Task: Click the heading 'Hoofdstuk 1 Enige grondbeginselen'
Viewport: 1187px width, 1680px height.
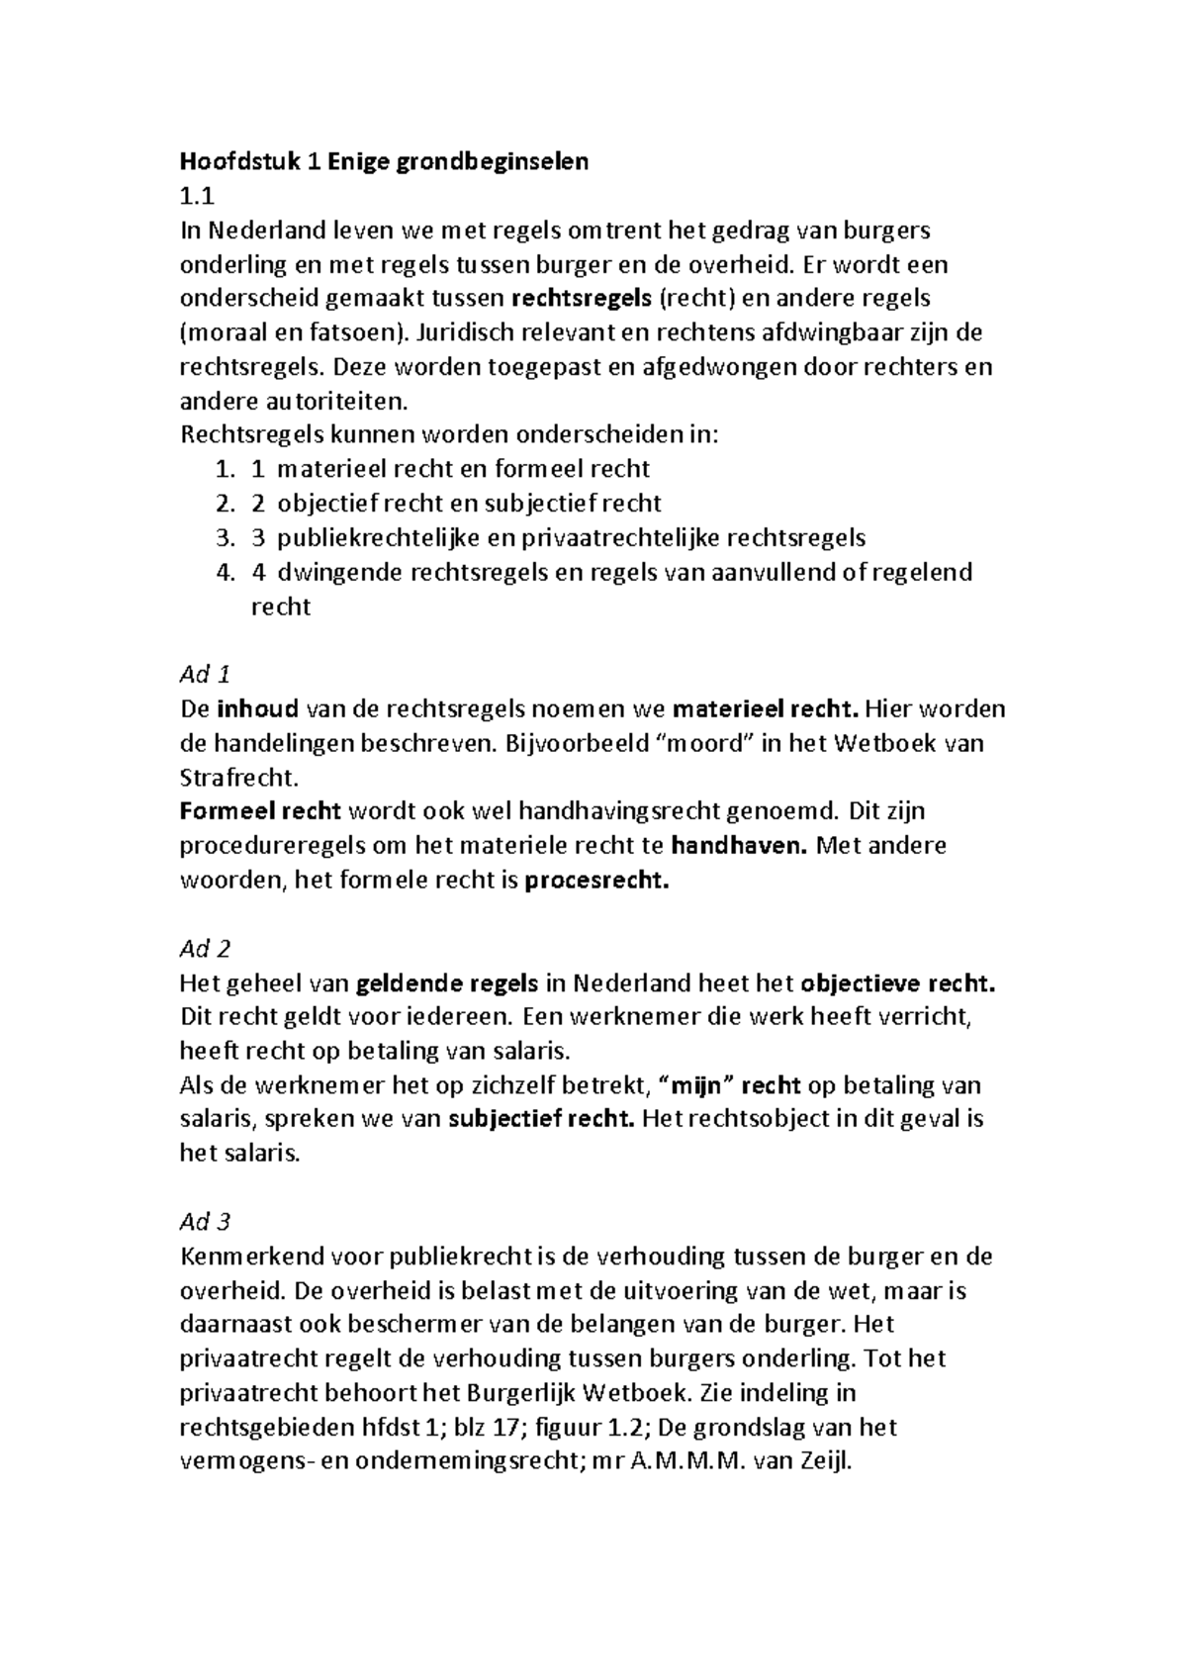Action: click(x=383, y=161)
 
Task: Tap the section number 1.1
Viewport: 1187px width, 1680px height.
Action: click(x=196, y=196)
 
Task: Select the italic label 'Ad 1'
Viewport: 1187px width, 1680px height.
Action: click(x=204, y=675)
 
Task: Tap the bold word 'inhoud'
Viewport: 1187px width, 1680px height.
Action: click(x=257, y=708)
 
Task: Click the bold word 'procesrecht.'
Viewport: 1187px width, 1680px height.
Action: click(x=596, y=880)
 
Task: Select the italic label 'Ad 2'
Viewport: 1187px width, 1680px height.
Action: click(x=204, y=949)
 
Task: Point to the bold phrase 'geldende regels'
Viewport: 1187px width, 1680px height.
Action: click(x=446, y=983)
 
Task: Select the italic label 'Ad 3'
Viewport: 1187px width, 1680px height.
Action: click(x=204, y=1222)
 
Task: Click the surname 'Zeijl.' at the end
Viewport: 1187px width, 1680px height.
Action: click(x=826, y=1461)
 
